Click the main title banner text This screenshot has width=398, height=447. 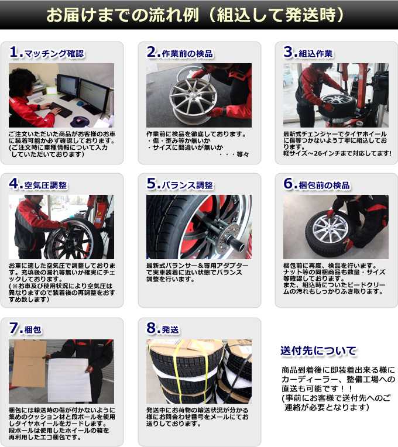click(195, 15)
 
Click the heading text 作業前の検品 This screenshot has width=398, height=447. click(187, 54)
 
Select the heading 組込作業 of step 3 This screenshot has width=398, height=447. click(315, 54)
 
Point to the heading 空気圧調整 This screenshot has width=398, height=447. click(46, 185)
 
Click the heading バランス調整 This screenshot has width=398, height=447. click(187, 185)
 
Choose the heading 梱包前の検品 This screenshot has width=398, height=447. click(324, 185)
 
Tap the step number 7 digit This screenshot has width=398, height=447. click(13, 328)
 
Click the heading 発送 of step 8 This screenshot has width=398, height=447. click(170, 330)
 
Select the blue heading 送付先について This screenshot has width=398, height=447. click(318, 350)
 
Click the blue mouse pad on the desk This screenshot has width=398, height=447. click(80, 121)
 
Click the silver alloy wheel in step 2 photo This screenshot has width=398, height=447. click(193, 97)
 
